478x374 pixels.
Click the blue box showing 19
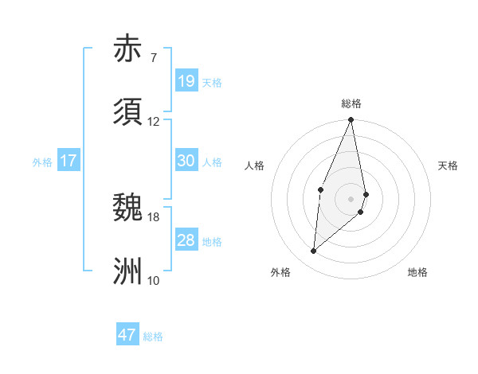[x=186, y=81]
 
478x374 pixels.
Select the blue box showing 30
[x=186, y=161]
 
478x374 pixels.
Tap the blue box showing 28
[x=186, y=240]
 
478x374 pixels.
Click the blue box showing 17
[x=69, y=161]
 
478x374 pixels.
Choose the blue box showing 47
[x=127, y=335]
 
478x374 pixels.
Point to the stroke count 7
[x=153, y=57]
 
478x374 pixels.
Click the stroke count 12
[x=154, y=121]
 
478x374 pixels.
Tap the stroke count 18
[x=154, y=216]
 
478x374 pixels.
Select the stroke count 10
[x=154, y=280]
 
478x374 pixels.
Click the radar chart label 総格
[x=351, y=103]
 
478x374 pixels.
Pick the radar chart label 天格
[x=449, y=166]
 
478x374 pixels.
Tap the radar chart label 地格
[x=417, y=272]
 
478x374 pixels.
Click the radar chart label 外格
[x=280, y=272]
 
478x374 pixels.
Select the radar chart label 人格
[x=254, y=166]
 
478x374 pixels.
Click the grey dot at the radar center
[x=351, y=198]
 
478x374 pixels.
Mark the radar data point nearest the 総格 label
[x=351, y=120]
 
